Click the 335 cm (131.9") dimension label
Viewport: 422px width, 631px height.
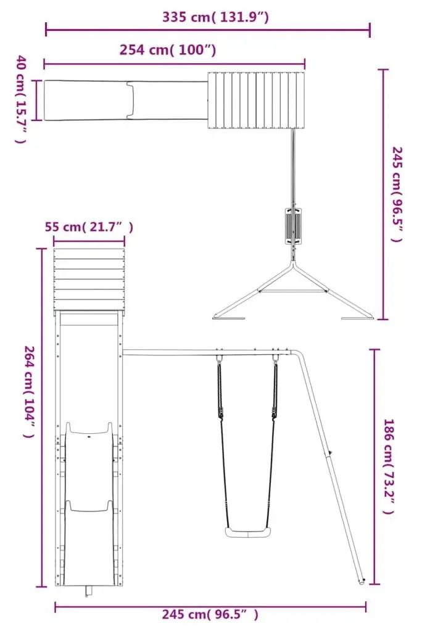pos(215,17)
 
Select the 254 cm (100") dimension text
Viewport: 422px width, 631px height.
pos(168,50)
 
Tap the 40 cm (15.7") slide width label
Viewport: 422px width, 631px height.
pos(21,100)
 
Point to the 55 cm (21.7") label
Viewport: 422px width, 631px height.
pos(88,227)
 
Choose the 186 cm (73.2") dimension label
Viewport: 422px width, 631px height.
pos(389,467)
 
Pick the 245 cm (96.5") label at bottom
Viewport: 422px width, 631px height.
pos(210,614)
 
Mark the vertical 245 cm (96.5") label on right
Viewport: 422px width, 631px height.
pos(397,195)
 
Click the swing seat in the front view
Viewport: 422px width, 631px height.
pos(248,532)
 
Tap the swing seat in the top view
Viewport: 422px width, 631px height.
pos(293,226)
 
